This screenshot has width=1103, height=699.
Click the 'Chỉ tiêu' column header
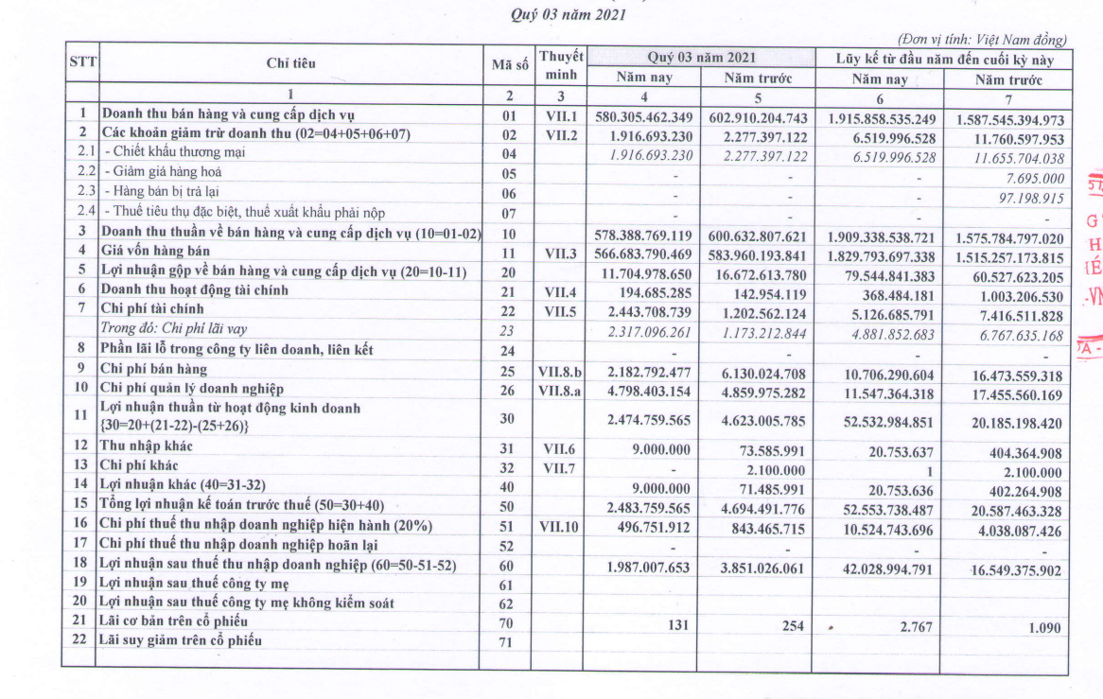coord(290,63)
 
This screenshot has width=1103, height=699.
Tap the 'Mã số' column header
coord(508,64)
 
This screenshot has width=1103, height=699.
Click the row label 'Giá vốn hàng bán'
coord(157,252)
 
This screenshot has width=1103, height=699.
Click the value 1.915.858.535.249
coord(881,119)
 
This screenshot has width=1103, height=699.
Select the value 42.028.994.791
coord(880,570)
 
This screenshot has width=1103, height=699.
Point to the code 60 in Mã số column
coord(508,566)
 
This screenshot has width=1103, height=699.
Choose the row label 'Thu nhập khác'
coord(143,446)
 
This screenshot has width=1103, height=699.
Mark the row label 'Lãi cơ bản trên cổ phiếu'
coord(174,621)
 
